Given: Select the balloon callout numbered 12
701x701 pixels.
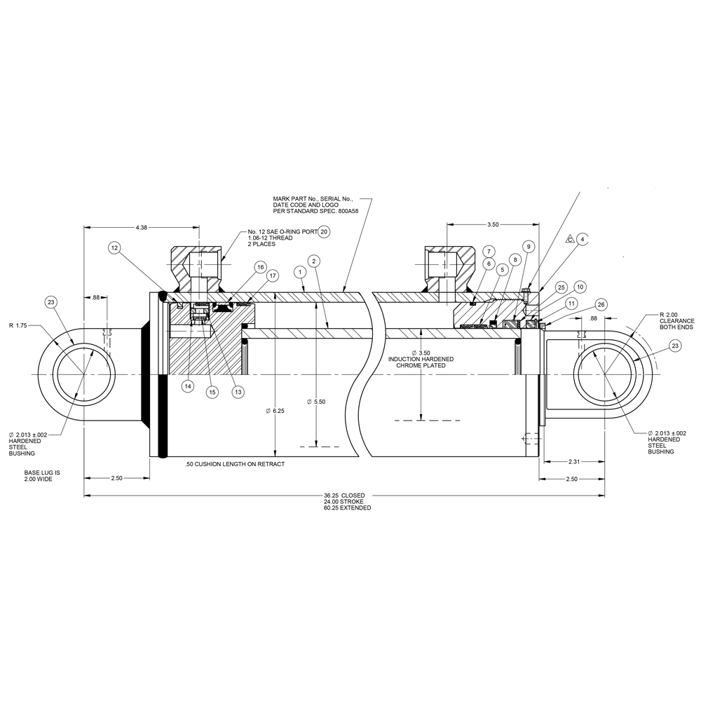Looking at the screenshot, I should tap(115, 247).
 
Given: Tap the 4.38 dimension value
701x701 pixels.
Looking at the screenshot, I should tap(142, 227).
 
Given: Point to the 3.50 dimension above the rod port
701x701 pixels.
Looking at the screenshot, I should tap(492, 224).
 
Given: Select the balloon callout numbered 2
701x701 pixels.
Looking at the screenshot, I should tap(315, 261).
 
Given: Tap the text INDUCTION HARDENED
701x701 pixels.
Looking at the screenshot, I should tap(421, 359).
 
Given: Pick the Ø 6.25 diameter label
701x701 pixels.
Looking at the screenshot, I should tap(276, 410).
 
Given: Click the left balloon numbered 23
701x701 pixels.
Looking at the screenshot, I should tap(50, 302).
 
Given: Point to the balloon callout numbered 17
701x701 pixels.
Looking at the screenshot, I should tap(273, 275).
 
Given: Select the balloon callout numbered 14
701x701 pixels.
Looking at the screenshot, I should tap(187, 386).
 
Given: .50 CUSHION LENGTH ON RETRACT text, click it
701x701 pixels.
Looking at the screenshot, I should tap(235, 465).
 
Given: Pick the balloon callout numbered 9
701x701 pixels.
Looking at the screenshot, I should tap(529, 246).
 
